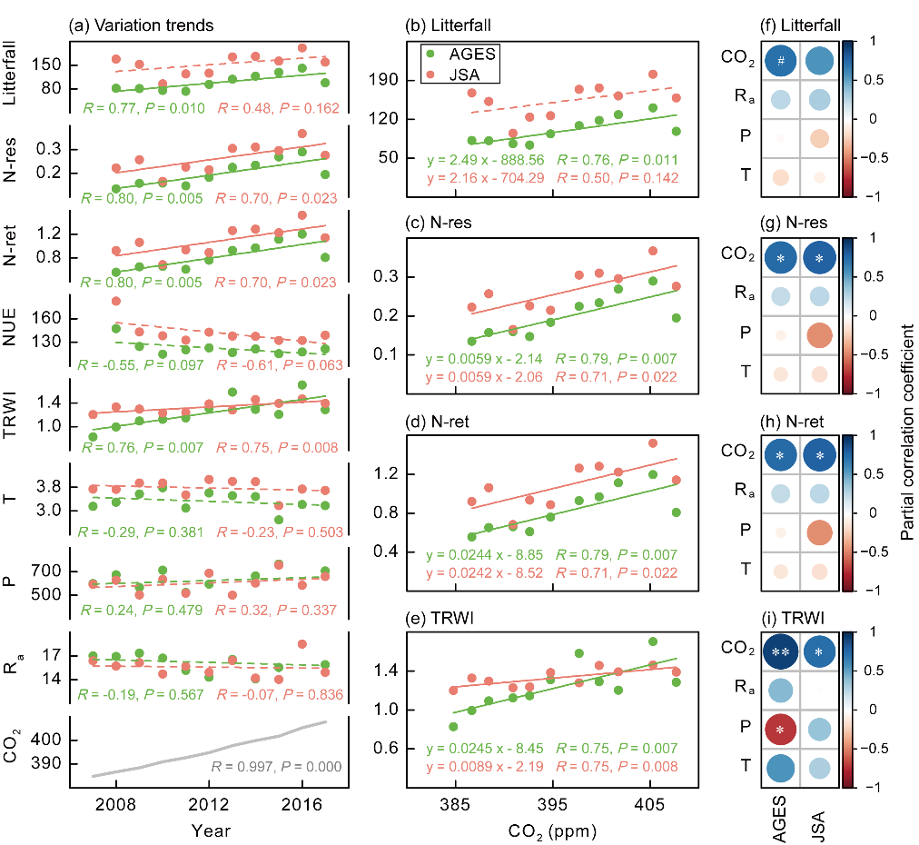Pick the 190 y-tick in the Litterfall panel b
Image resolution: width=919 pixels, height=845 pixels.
tap(390, 81)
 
